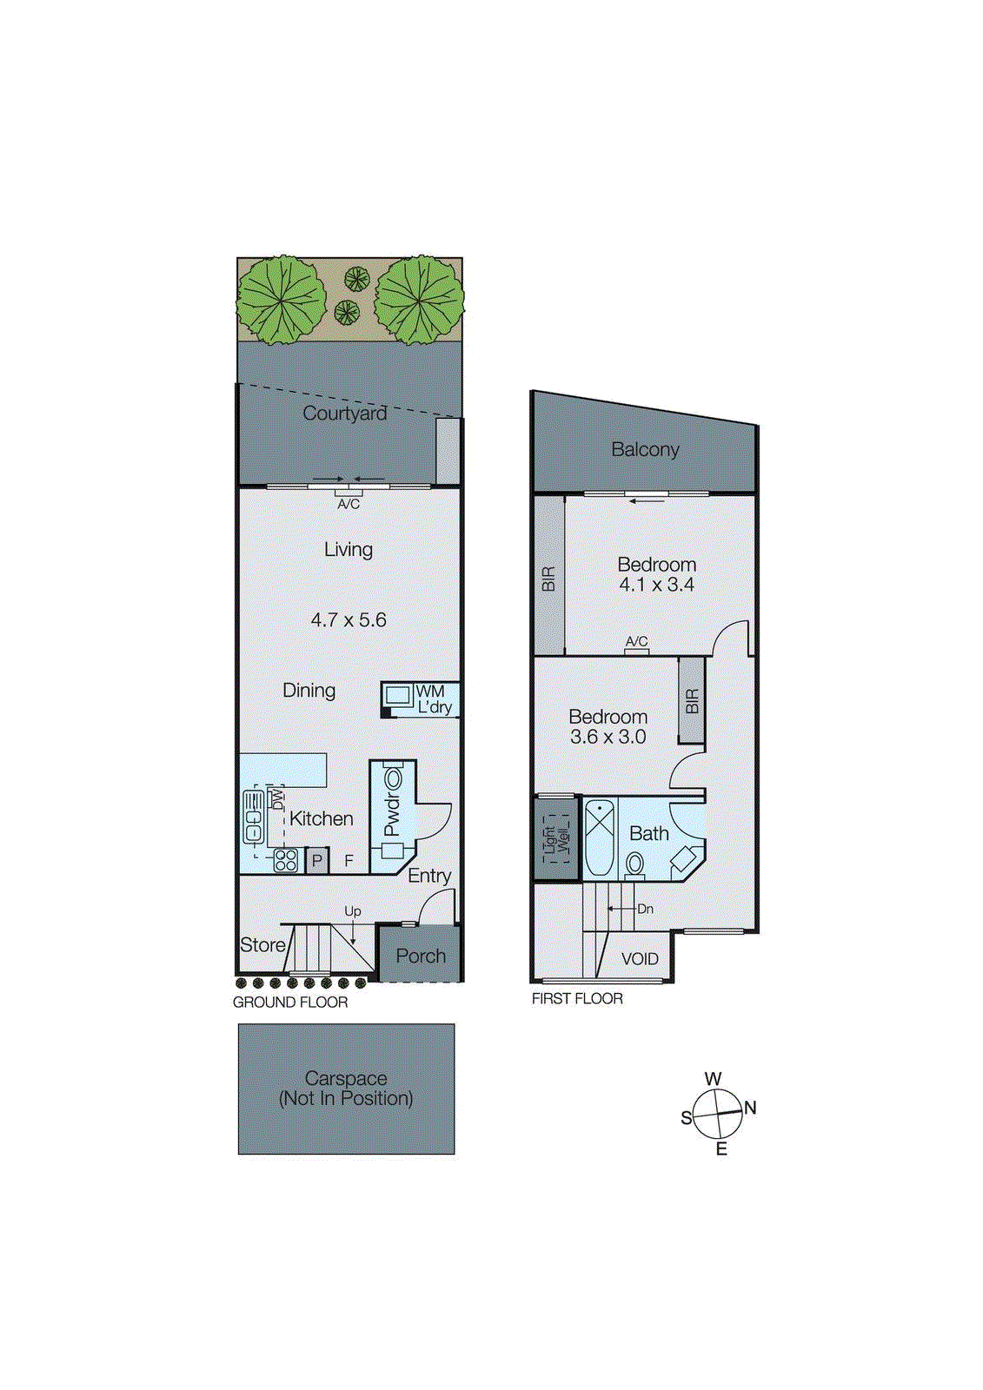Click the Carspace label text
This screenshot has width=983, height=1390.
346,1079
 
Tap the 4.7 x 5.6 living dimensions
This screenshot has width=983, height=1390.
349,620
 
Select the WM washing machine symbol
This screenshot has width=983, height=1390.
398,695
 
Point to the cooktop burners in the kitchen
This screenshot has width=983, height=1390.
286,860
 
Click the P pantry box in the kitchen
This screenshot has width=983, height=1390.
317,860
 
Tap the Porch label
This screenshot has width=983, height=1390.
421,956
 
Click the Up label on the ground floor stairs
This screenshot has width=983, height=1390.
352,911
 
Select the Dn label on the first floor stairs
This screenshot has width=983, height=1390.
645,909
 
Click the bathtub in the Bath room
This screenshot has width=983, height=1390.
599,837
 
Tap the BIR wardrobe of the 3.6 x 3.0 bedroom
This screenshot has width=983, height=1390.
692,700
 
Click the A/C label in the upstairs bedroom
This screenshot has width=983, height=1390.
636,641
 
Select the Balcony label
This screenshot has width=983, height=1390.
645,450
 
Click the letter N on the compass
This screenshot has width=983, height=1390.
751,1108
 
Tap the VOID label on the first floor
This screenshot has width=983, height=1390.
640,959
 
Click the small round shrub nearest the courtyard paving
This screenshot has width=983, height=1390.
347,311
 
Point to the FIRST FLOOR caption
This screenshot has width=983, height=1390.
577,999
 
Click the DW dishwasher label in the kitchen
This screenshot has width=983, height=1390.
277,797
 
